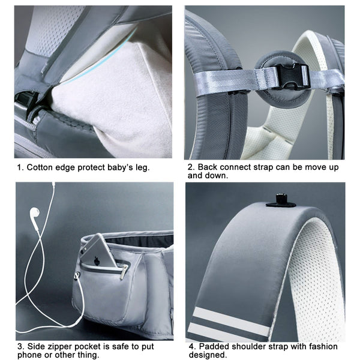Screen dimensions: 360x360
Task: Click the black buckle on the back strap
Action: click(293, 77)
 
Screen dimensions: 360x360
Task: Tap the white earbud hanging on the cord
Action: click(35, 213)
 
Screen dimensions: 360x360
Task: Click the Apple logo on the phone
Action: click(96, 260)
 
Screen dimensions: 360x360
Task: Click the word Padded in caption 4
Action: click(214, 346)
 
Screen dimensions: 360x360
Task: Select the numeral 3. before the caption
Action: click(20, 346)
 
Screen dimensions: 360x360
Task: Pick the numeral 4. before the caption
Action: click(192, 346)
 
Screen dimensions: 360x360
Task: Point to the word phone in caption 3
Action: click(29, 355)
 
